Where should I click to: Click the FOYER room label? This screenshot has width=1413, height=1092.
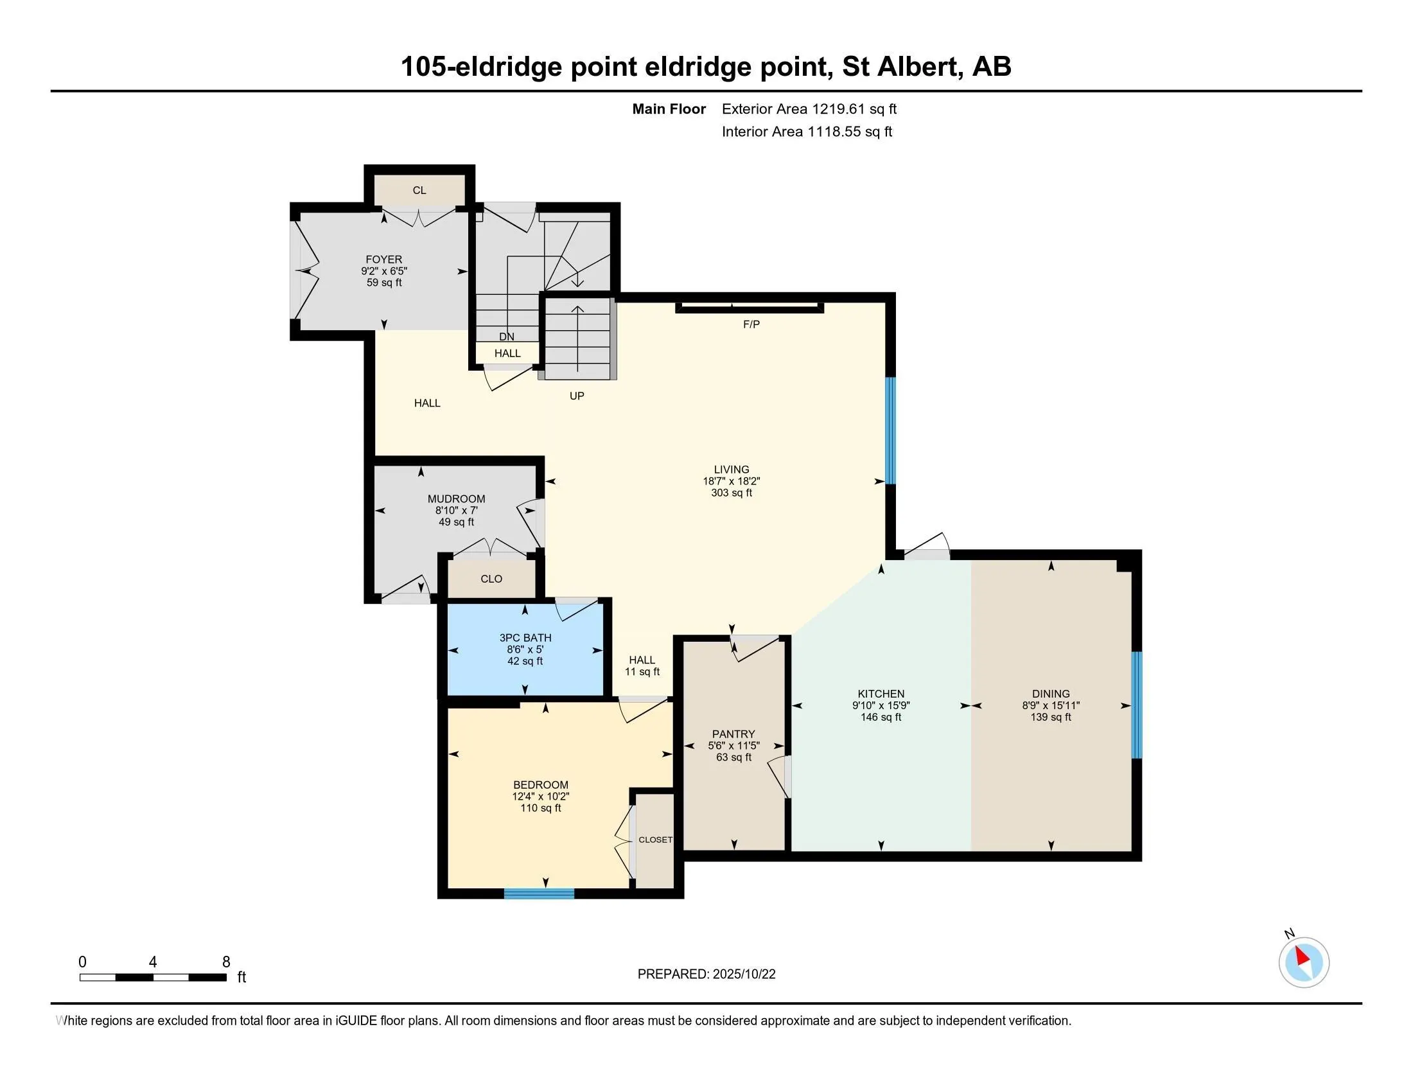[383, 260]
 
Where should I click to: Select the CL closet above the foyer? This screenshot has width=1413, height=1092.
[419, 190]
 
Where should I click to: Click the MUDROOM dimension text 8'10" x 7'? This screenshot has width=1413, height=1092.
[456, 511]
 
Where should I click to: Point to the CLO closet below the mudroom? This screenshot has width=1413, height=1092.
[491, 579]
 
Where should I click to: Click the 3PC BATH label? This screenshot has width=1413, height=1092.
[525, 638]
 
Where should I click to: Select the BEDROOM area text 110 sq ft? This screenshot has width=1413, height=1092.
[540, 808]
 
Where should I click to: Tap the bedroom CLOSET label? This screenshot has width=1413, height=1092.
[654, 840]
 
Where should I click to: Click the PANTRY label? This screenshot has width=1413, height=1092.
[733, 734]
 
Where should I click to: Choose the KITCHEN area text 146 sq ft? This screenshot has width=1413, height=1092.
[881, 717]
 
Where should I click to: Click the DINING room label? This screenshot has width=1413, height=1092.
[1051, 694]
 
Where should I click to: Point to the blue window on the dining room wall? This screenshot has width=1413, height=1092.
[1136, 705]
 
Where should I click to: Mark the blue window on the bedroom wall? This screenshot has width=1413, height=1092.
[539, 894]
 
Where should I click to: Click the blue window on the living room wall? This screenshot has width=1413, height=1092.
[890, 430]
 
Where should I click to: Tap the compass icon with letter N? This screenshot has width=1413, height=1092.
[1303, 962]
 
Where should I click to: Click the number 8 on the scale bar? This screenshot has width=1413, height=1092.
[226, 962]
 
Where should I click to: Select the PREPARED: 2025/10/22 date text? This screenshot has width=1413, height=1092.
[706, 974]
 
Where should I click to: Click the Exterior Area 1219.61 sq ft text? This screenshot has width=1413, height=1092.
[809, 109]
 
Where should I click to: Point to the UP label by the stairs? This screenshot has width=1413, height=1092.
[577, 396]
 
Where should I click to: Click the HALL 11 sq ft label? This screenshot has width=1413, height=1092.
[642, 665]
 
